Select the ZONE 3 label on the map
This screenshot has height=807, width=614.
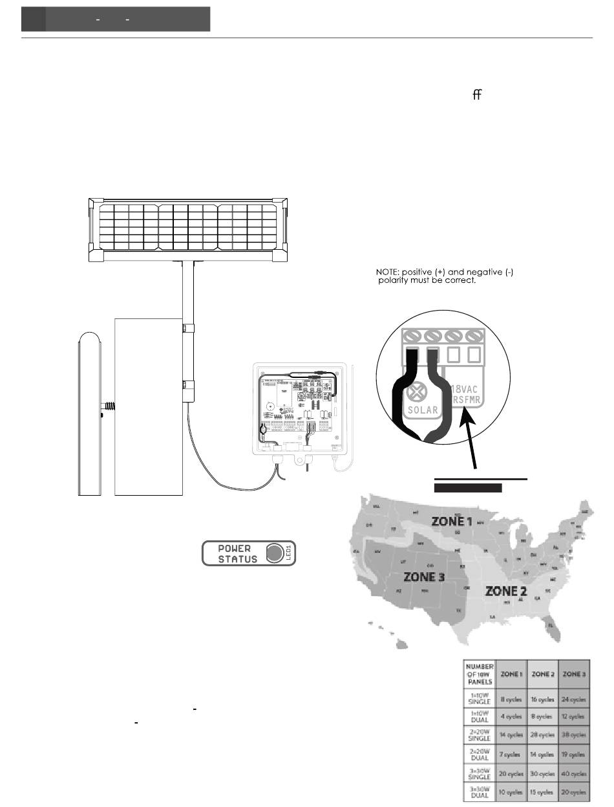(x=424, y=576)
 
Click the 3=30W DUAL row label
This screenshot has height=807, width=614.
(x=479, y=791)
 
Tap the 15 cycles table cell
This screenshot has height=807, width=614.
(x=542, y=792)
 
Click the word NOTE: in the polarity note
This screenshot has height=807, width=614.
(x=388, y=272)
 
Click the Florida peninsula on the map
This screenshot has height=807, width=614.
(x=551, y=626)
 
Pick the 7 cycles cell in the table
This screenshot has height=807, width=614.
(x=511, y=755)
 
